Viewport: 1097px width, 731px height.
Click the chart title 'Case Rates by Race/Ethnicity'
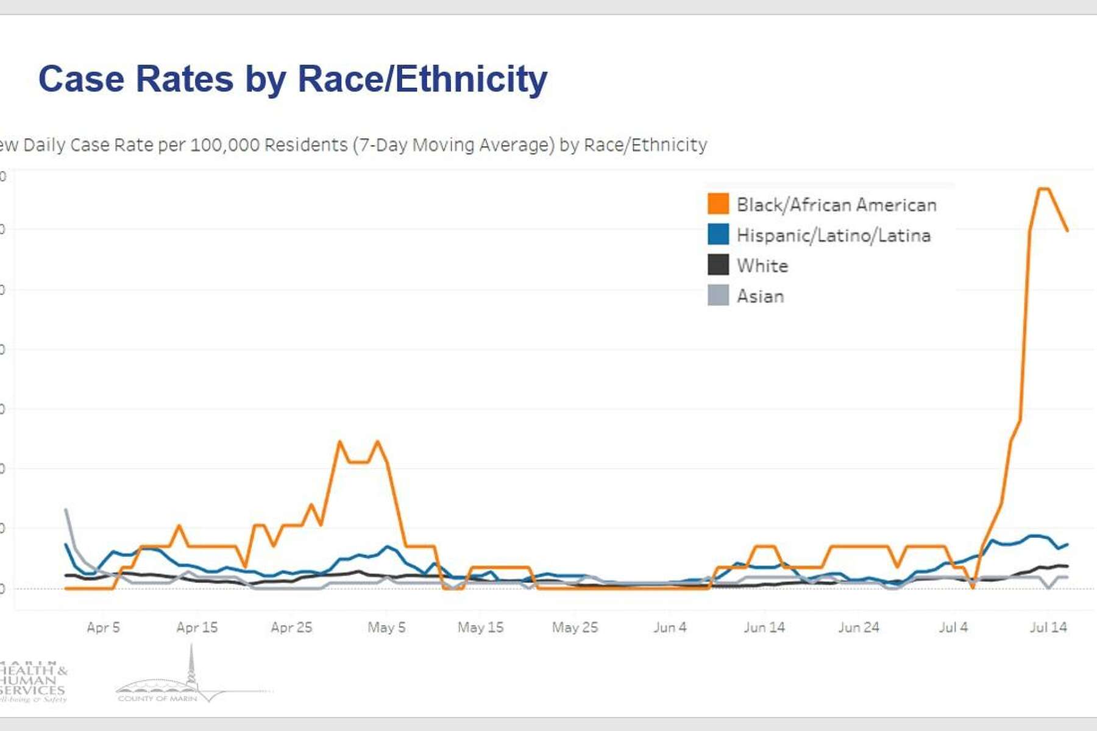[x=293, y=79]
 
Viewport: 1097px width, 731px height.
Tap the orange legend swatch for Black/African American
[x=718, y=204]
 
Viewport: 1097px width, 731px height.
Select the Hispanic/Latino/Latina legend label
[x=833, y=236]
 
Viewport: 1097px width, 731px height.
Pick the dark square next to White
[x=718, y=266]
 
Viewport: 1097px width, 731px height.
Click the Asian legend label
[x=760, y=297]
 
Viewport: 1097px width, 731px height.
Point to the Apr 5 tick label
[x=103, y=627]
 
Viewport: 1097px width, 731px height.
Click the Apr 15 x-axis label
[x=197, y=627]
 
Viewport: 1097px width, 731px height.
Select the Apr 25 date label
[x=291, y=627]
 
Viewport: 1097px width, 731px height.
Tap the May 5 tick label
[x=386, y=627]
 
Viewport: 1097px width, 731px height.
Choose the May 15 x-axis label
[x=481, y=627]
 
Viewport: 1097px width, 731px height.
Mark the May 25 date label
[x=575, y=627]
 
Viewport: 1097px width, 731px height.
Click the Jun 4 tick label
[x=670, y=627]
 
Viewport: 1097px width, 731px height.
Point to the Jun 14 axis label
[x=764, y=627]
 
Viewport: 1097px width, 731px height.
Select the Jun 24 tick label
[x=859, y=627]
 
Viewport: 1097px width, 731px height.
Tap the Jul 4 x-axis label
[x=953, y=627]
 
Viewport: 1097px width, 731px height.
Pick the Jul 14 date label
[x=1048, y=627]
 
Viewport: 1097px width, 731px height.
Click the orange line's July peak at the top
[x=1043, y=189]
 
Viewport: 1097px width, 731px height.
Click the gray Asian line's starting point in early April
[x=66, y=510]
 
